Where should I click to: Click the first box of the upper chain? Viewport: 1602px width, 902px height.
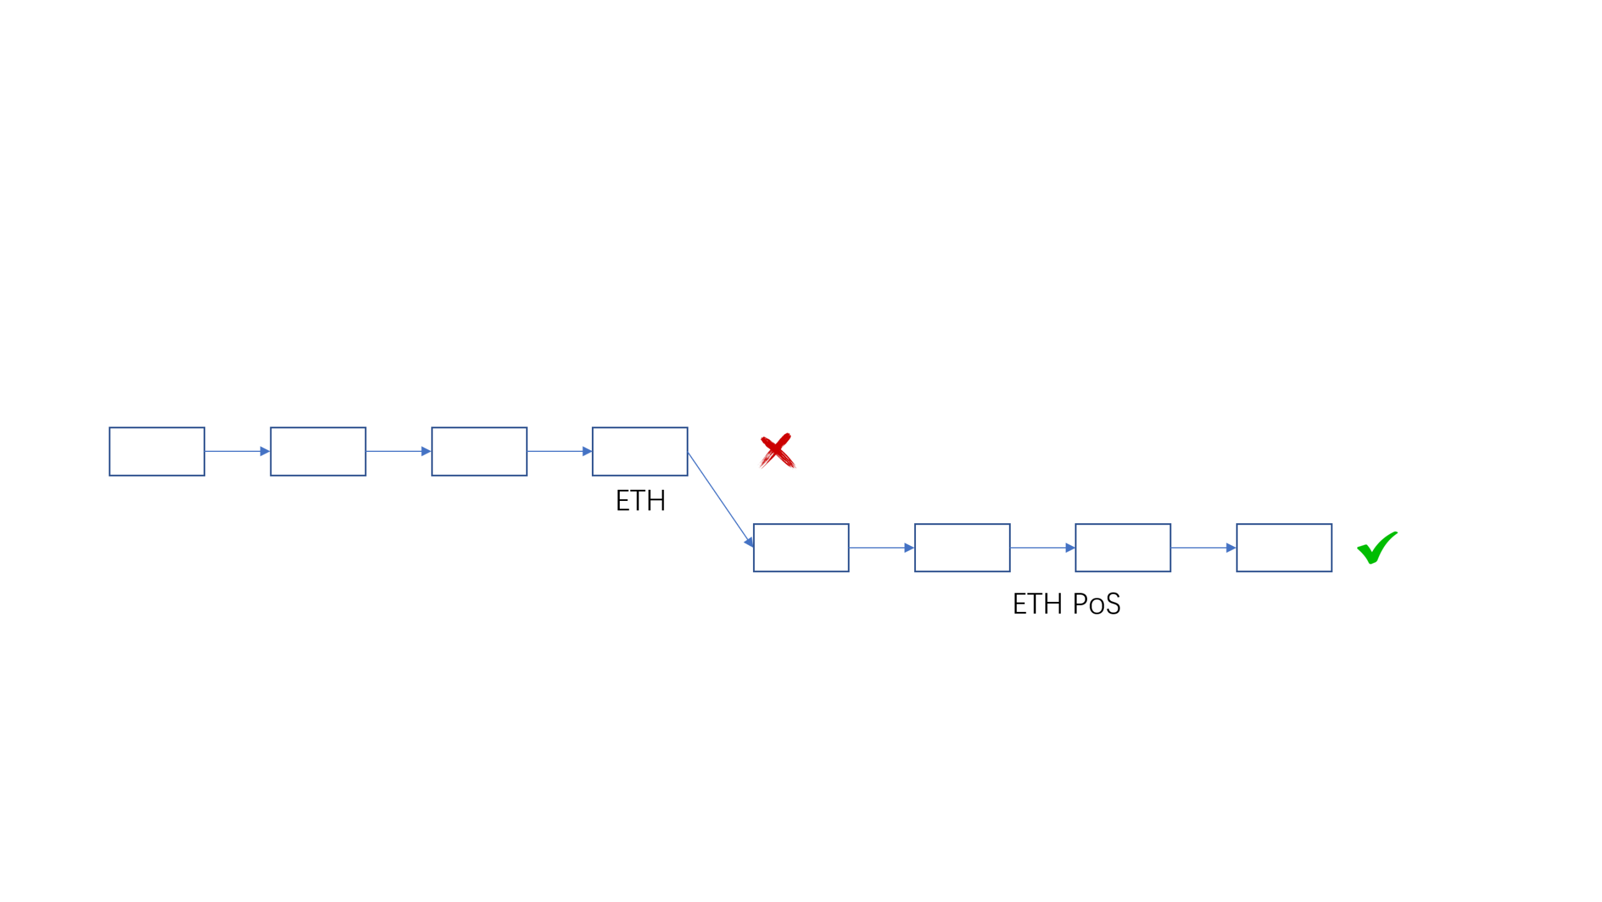157,451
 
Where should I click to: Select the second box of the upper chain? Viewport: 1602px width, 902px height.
318,451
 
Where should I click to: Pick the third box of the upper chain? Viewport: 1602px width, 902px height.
479,451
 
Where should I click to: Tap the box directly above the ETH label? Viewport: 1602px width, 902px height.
640,451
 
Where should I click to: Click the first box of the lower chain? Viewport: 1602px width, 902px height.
801,547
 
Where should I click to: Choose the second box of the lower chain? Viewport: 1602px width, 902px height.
962,547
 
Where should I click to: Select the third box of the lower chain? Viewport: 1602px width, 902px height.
1122,547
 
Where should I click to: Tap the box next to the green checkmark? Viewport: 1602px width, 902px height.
1283,547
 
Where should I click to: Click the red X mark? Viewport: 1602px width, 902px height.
777,450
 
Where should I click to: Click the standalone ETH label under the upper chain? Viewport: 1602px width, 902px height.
640,501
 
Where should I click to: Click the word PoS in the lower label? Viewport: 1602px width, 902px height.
1096,604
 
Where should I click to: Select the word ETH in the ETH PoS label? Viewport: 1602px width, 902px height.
1037,604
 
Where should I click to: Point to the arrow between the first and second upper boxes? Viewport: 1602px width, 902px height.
237,451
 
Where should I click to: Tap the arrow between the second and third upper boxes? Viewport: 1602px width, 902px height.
398,451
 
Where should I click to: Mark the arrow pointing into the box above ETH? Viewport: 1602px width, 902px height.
559,451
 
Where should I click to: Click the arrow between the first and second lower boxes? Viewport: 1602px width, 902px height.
881,547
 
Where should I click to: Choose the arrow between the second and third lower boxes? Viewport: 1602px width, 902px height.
1042,547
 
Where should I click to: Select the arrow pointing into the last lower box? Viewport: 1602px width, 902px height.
1204,547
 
